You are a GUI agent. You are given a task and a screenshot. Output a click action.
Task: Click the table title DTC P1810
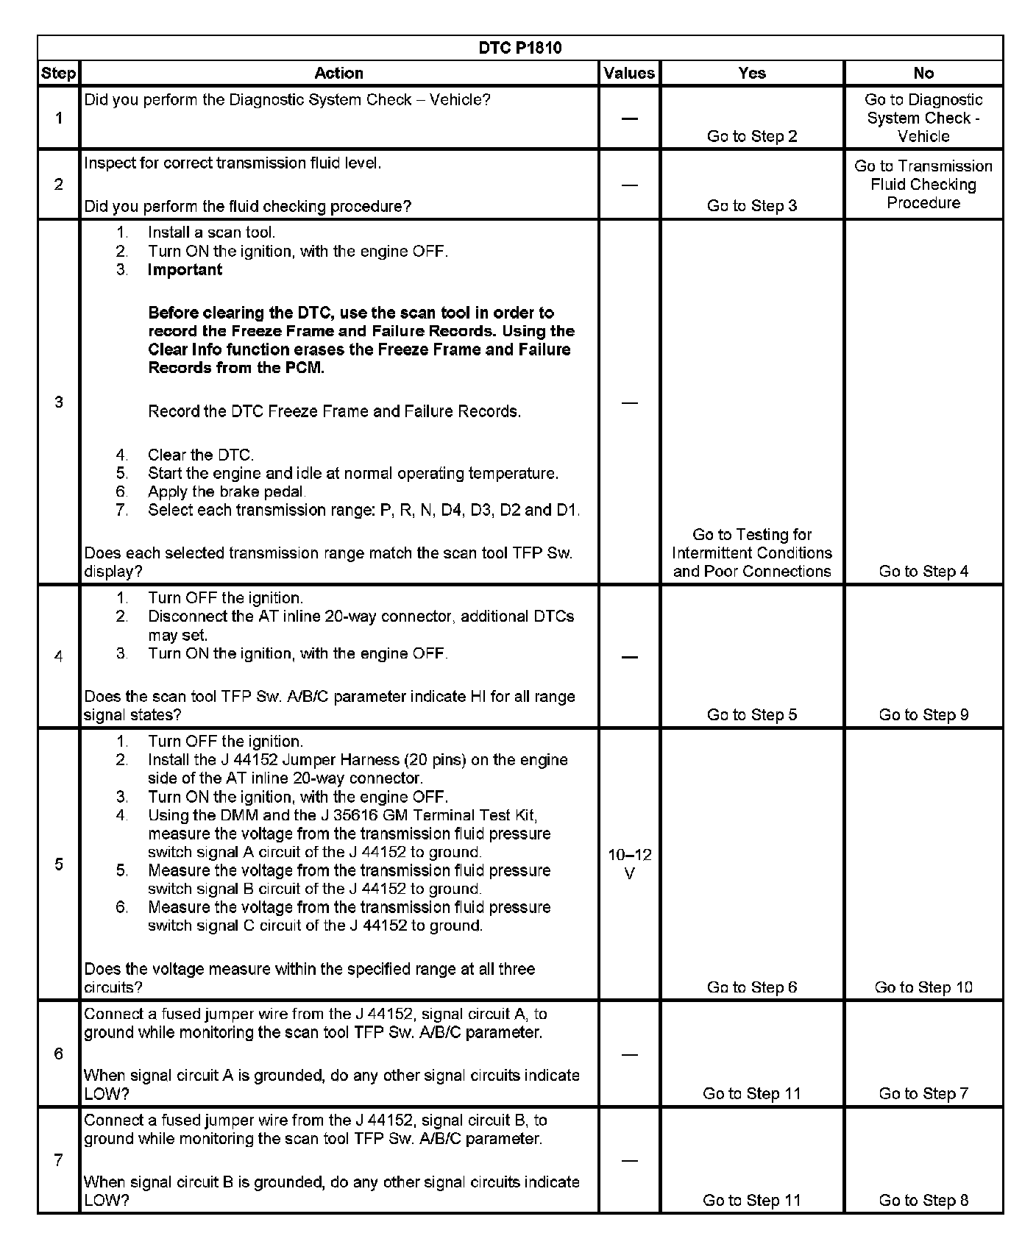click(519, 48)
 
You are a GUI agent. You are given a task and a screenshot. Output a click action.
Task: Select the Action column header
click(338, 73)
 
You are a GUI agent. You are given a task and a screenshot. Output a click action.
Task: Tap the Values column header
click(629, 73)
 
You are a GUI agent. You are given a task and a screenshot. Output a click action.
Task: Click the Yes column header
click(752, 73)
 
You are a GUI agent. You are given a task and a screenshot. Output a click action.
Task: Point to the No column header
click(923, 73)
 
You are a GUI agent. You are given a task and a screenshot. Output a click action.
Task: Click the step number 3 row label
click(59, 402)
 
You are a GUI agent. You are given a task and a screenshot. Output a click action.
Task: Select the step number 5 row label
click(59, 864)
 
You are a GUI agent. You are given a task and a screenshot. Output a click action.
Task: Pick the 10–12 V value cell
click(630, 864)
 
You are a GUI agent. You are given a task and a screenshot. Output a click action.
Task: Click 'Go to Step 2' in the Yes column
click(752, 136)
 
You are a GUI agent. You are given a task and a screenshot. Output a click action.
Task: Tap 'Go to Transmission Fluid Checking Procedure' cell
click(923, 185)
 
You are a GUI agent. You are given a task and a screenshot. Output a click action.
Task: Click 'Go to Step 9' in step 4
click(923, 714)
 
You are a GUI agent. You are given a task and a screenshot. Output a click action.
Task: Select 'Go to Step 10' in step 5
click(923, 987)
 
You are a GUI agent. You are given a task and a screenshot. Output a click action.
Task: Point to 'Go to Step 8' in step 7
click(923, 1201)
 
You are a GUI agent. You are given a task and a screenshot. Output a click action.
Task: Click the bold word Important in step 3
click(185, 269)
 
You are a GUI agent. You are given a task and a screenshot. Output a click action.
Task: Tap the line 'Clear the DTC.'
click(200, 455)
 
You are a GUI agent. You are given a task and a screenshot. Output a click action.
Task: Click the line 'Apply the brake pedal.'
click(227, 491)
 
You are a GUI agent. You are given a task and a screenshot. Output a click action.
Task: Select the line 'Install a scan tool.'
click(211, 232)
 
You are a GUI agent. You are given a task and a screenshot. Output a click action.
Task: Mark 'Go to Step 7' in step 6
click(923, 1094)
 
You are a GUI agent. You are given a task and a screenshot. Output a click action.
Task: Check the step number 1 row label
click(59, 118)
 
